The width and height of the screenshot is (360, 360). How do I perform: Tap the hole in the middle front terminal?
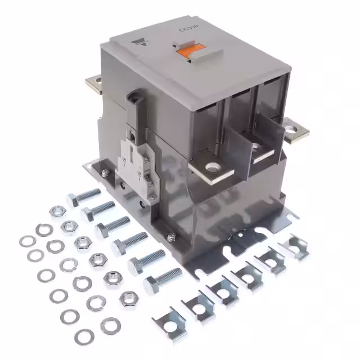click(x=255, y=147)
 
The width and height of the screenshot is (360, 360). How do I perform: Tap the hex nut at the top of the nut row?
click(x=57, y=211)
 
